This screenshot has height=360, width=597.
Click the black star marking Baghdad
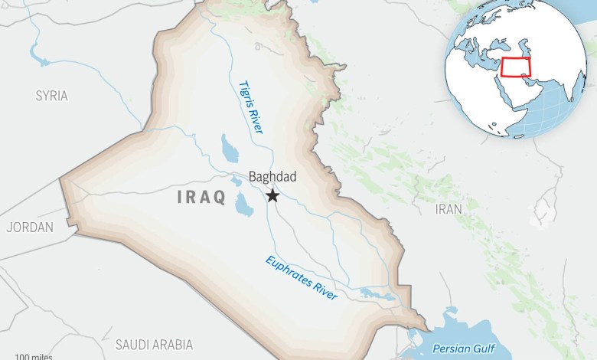tap(272, 197)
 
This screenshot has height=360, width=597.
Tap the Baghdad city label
tap(272, 177)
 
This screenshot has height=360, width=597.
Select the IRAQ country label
tap(201, 198)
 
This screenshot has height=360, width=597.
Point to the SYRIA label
tap(51, 97)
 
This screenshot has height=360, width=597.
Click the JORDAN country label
tap(30, 227)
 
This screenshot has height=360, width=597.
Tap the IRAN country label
tap(449, 209)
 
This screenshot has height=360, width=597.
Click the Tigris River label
tap(250, 108)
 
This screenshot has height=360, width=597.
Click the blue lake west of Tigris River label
tap(229, 146)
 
